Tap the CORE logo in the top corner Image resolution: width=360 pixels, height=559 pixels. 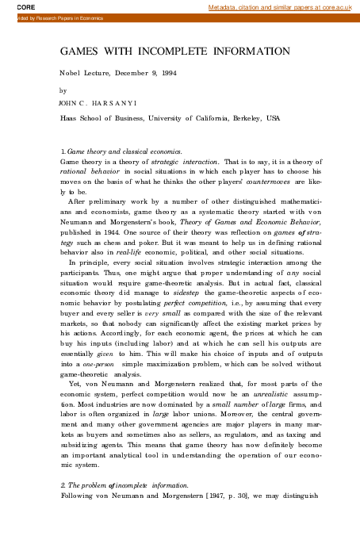point(13,6)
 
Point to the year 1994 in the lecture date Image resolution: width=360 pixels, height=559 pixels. point(160,73)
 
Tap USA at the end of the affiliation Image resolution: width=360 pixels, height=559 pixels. point(273,117)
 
